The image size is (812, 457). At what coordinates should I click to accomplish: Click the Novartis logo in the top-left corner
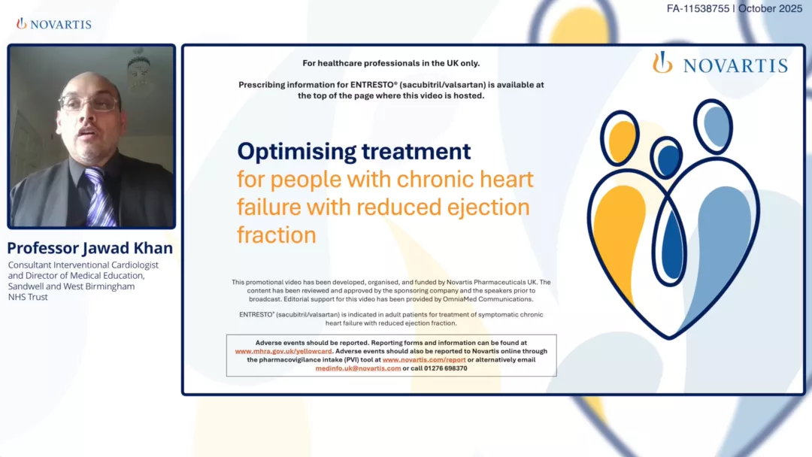tap(54, 24)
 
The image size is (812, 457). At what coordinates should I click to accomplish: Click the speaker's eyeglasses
tap(88, 103)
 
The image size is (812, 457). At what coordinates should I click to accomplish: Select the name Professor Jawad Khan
tap(90, 248)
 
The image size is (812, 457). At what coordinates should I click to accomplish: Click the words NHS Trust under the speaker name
tap(28, 297)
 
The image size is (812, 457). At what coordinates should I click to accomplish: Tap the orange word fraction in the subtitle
tap(276, 235)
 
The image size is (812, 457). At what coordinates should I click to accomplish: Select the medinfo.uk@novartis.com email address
tap(358, 368)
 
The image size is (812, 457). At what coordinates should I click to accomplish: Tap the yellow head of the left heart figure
tap(622, 138)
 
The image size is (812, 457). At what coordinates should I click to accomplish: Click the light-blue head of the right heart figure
tap(715, 125)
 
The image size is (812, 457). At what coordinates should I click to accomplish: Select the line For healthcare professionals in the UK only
tap(391, 63)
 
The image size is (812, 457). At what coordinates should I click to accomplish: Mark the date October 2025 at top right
tap(771, 9)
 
